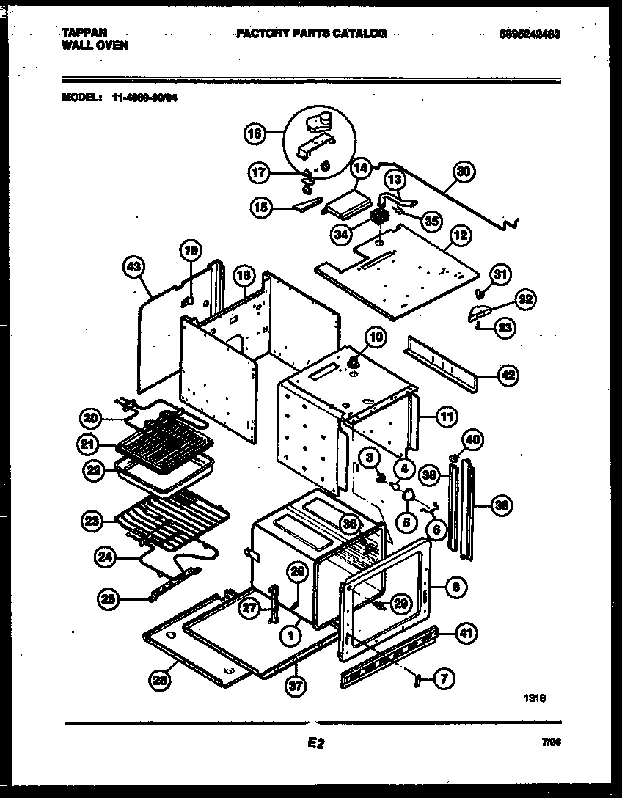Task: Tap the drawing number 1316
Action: pos(535,699)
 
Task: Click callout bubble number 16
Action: pos(254,133)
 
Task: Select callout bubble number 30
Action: pos(463,173)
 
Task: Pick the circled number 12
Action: pos(460,235)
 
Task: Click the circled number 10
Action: pos(375,337)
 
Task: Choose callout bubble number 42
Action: pos(507,376)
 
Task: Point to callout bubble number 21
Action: pos(89,444)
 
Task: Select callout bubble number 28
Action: pos(158,681)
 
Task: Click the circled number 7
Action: pos(444,680)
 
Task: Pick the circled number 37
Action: pos(296,687)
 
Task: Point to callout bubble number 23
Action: pos(92,521)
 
